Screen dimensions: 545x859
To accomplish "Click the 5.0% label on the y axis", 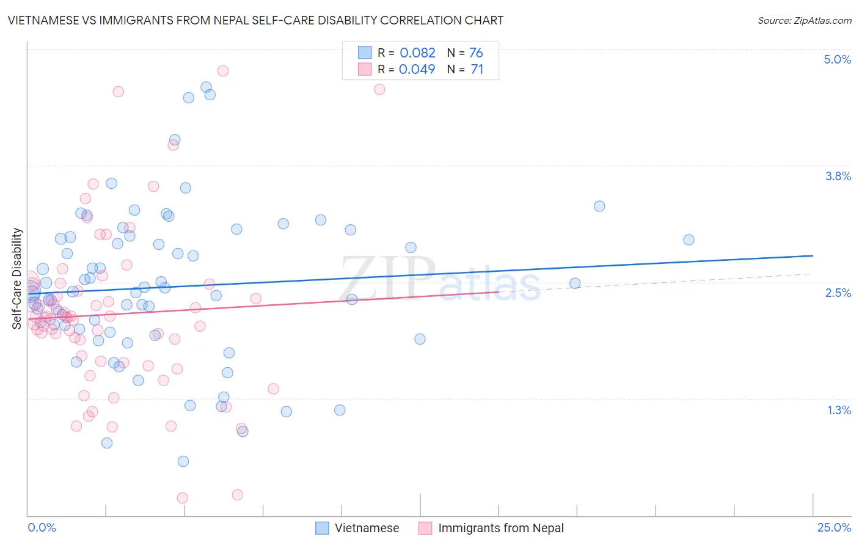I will [x=837, y=59].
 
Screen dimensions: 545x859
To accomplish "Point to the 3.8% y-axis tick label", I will [x=838, y=176].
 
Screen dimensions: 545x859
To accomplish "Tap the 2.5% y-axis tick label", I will [x=838, y=293].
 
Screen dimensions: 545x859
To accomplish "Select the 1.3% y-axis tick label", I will [x=839, y=410].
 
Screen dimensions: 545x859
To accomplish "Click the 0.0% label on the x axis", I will [x=42, y=527].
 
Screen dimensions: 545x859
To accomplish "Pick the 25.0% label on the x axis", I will [x=834, y=527].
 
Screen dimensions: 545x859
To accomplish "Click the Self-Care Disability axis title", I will [x=17, y=279].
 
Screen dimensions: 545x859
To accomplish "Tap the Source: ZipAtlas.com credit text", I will [x=804, y=20].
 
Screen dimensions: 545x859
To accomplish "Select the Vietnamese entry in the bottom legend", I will [x=367, y=528].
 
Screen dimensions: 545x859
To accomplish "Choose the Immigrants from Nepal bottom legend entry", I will [x=500, y=528].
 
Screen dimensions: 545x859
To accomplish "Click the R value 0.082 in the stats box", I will [x=417, y=53].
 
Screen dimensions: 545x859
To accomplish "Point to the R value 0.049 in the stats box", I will [x=417, y=69].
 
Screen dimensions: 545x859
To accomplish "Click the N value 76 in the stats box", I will [x=476, y=53].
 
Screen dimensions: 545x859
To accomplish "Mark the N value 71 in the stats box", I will [x=477, y=69].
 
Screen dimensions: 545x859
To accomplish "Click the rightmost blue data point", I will [x=689, y=240].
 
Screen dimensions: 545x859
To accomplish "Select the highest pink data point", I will [x=223, y=71].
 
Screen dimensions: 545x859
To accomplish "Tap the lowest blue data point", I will [x=183, y=461].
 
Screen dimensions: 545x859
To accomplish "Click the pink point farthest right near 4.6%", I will [x=379, y=89].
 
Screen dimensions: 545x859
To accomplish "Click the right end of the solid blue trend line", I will [x=813, y=255].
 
